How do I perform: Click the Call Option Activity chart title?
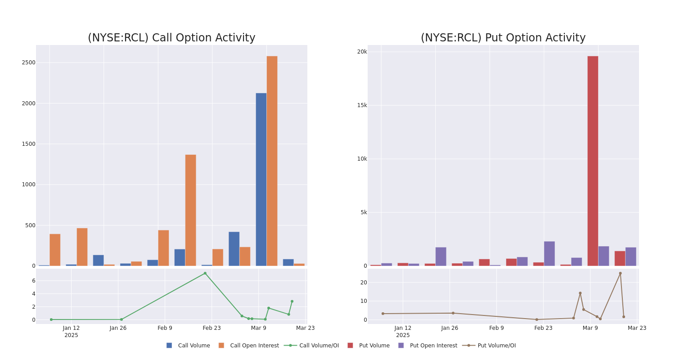171,38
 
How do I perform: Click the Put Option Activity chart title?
503,38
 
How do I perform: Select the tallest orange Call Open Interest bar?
272,161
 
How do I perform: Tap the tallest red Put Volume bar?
593,161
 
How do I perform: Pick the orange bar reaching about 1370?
190,210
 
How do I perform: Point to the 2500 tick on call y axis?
28,63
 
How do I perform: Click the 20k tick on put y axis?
362,52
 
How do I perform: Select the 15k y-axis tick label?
362,105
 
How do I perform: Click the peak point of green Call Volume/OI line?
205,273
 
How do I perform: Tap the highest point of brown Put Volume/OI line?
620,273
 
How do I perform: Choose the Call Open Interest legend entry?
254,346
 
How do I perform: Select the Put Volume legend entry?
374,346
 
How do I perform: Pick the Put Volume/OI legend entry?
496,346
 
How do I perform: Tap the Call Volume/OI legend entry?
319,346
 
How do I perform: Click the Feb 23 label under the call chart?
211,328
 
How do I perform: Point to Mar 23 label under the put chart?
637,328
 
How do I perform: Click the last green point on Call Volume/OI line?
292,301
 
